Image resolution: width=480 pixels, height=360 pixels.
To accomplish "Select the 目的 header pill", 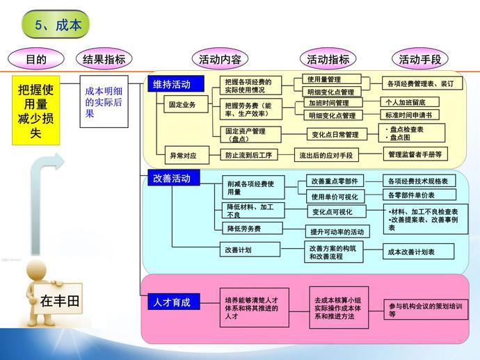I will (35, 59).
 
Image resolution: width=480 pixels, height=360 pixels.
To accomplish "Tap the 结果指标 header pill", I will (104, 59).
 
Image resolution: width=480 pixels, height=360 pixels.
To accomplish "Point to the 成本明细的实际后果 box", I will (104, 101).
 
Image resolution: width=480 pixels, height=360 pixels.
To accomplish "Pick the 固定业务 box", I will (182, 105).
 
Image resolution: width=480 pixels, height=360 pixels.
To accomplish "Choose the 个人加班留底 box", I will (410, 102).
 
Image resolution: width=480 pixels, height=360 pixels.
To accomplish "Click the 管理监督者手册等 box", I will (415, 154).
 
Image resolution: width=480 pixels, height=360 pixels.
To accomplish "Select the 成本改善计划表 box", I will (418, 252).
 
